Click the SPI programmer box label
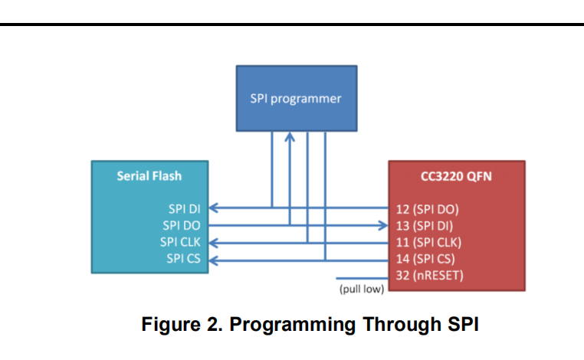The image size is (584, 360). click(x=296, y=99)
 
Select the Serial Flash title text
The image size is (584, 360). click(x=149, y=175)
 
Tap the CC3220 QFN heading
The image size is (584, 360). click(x=456, y=176)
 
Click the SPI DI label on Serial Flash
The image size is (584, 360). click(x=185, y=209)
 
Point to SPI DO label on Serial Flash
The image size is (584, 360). click(x=182, y=225)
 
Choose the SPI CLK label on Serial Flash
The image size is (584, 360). click(x=180, y=242)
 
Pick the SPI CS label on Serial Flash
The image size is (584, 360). click(x=183, y=258)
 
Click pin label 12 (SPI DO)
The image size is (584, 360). click(x=427, y=210)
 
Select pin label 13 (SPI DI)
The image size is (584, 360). click(x=425, y=226)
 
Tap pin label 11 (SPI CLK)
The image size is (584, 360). click(x=428, y=242)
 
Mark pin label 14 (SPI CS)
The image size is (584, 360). click(x=425, y=259)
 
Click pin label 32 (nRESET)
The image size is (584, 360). click(x=429, y=276)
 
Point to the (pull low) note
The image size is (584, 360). click(x=362, y=289)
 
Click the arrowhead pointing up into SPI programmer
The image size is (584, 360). click(x=290, y=137)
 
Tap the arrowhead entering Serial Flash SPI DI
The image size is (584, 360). click(x=213, y=208)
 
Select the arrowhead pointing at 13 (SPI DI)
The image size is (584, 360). click(x=383, y=225)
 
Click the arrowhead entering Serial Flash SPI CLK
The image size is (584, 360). click(x=213, y=243)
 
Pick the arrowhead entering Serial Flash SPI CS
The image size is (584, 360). click(x=213, y=260)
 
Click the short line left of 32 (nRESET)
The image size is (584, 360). click(x=362, y=278)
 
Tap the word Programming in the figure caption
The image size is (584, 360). click(x=292, y=324)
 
